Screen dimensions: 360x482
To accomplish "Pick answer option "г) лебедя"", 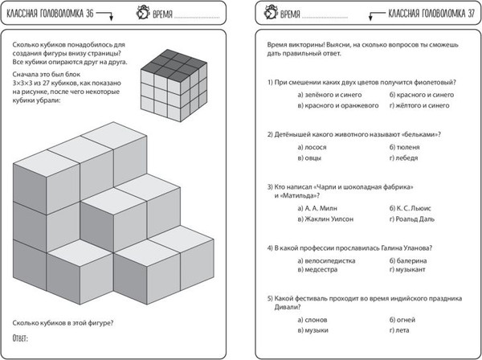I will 405,157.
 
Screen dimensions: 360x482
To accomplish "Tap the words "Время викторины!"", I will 294,46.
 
